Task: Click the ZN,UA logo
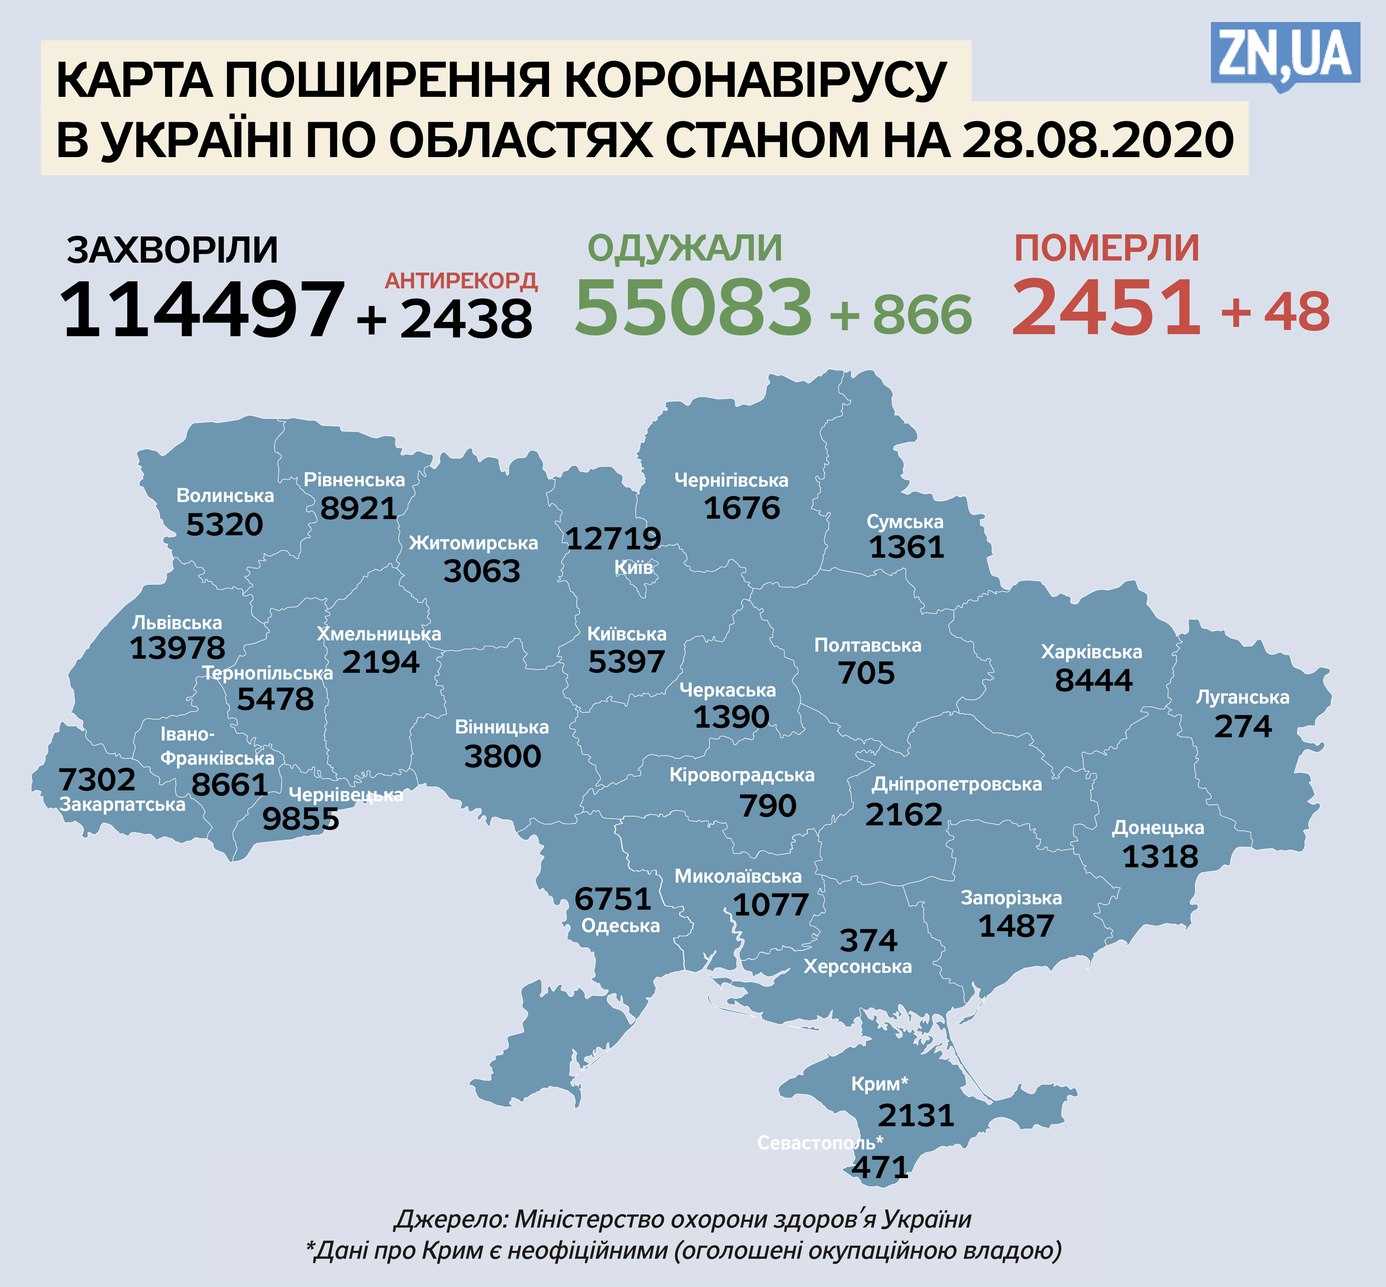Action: click(x=1285, y=54)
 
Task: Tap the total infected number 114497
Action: click(x=202, y=310)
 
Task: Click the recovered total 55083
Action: click(x=693, y=306)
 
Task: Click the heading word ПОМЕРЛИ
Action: click(x=1107, y=249)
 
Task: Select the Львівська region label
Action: click(x=177, y=623)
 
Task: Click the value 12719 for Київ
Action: click(x=613, y=538)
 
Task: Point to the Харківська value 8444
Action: click(x=1093, y=680)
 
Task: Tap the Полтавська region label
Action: click(x=867, y=646)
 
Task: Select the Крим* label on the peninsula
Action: click(x=880, y=1084)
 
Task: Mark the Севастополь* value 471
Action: click(x=880, y=1168)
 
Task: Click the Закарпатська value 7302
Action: click(x=97, y=780)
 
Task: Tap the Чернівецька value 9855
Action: click(x=300, y=819)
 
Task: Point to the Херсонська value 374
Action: click(x=868, y=941)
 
